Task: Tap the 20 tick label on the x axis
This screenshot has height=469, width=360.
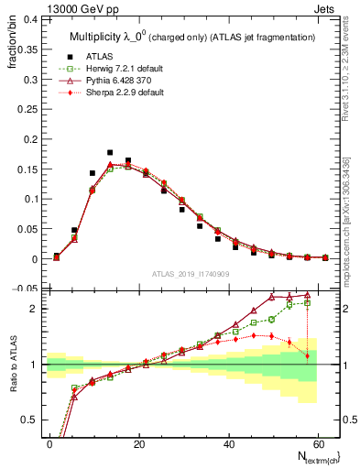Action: point(138,442)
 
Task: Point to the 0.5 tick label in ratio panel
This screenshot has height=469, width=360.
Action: point(28,420)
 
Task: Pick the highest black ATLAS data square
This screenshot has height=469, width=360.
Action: point(110,153)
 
